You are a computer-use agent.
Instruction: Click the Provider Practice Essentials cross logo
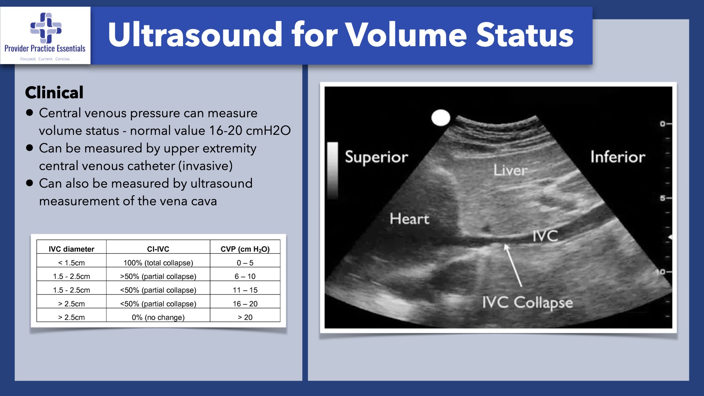click(x=46, y=27)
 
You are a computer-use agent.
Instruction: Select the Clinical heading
click(x=54, y=92)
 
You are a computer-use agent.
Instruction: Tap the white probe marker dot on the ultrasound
click(x=440, y=118)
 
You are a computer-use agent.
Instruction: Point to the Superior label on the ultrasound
click(x=377, y=157)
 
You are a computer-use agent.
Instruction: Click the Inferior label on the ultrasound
click(x=618, y=157)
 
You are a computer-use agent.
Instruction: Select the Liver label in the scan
click(x=510, y=170)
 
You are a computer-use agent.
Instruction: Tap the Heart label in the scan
click(x=409, y=219)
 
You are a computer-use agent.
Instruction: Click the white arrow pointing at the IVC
click(x=513, y=265)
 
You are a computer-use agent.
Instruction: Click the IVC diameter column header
click(x=71, y=249)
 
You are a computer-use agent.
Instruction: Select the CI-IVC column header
click(x=158, y=249)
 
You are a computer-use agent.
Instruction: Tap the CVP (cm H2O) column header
click(x=245, y=249)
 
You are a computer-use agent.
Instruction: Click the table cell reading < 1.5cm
click(x=71, y=263)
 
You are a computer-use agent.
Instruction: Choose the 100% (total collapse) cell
click(x=158, y=263)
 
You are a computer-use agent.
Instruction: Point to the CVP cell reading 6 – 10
click(x=245, y=276)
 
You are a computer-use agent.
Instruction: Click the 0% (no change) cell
click(x=158, y=318)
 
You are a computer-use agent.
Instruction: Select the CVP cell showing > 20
click(x=245, y=318)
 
